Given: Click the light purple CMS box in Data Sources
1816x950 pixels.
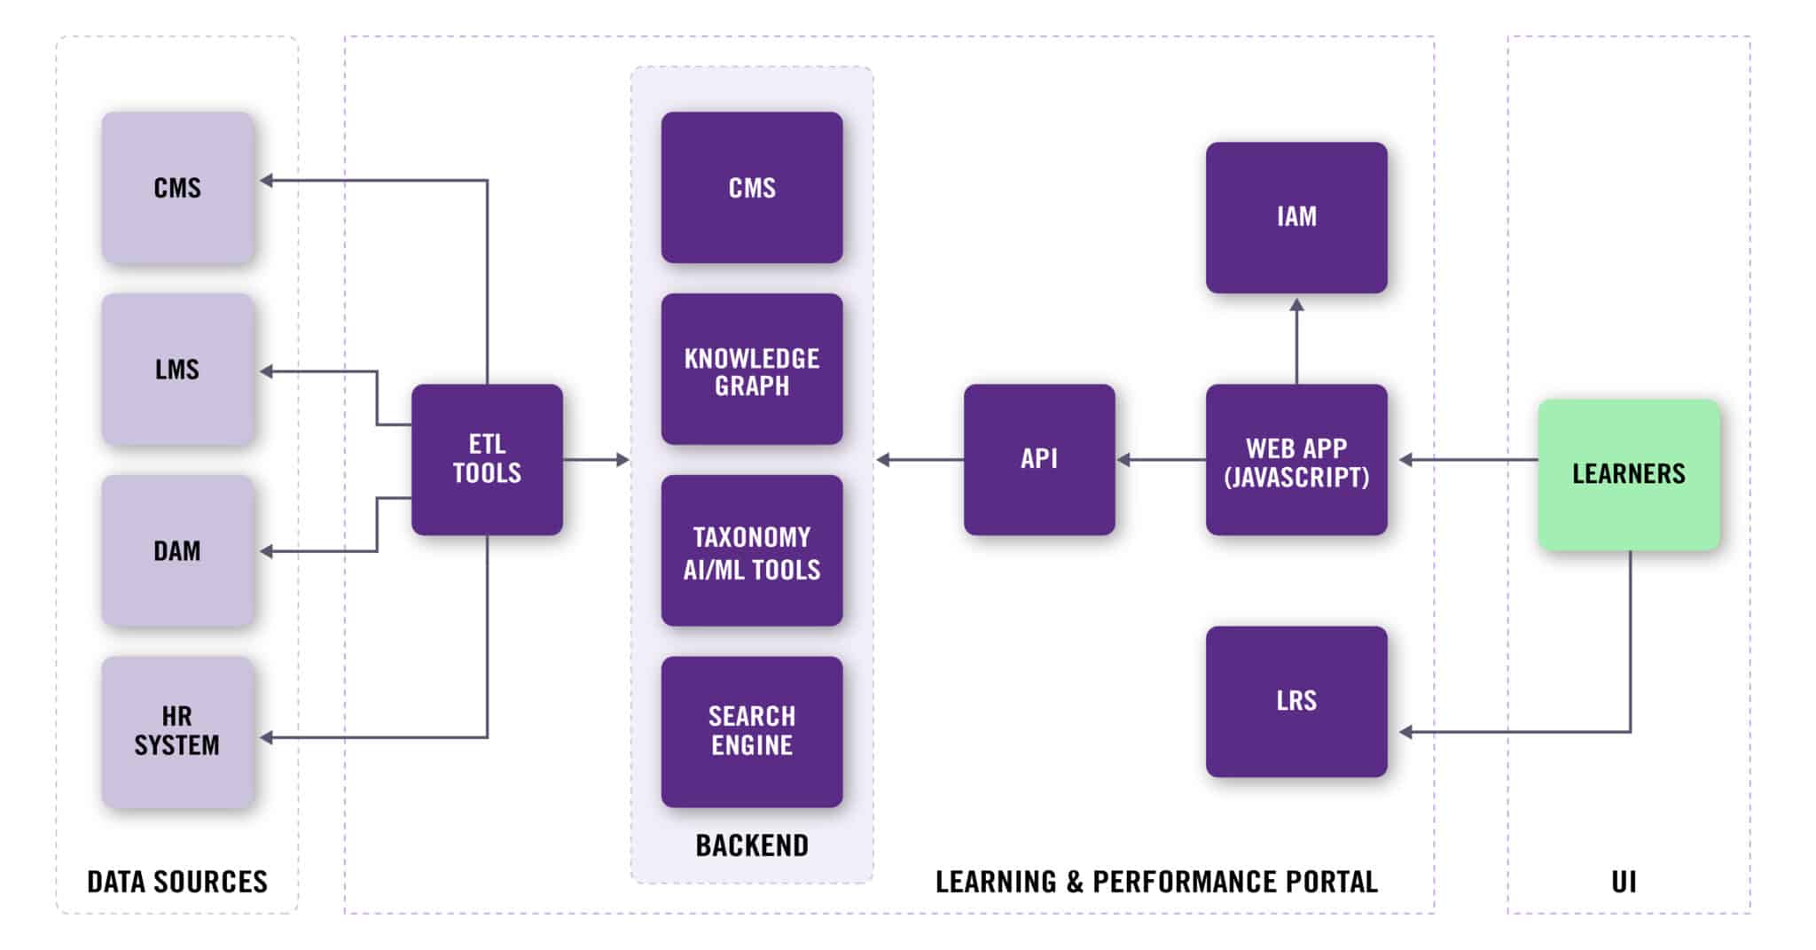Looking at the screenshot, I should click(x=177, y=187).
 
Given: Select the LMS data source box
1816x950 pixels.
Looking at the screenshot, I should click(x=177, y=369).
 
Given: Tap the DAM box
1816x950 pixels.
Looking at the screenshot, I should click(x=177, y=550).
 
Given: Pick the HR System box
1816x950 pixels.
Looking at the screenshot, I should click(x=177, y=731).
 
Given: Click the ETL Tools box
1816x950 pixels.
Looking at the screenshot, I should click(x=487, y=459).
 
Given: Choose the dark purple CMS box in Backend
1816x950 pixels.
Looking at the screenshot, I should click(x=752, y=187).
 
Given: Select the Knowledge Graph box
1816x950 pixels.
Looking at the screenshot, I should click(x=752, y=369).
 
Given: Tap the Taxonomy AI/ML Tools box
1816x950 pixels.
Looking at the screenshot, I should click(x=752, y=550).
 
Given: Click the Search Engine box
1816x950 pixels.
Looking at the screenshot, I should click(x=752, y=731).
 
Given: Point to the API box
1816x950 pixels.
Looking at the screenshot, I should click(x=1039, y=459).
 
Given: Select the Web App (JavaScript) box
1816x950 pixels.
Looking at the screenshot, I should click(x=1296, y=459).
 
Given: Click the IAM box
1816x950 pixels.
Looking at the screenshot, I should click(x=1296, y=217).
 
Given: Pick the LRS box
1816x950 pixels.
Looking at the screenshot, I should click(x=1296, y=701).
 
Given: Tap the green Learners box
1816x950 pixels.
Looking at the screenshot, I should click(x=1629, y=474).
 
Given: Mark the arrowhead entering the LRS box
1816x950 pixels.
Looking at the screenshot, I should click(x=1406, y=732).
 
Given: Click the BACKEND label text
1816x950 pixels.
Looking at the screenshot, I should click(x=752, y=845).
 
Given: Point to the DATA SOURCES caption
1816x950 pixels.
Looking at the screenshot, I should click(x=177, y=882).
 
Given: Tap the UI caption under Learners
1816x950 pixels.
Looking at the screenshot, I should click(x=1624, y=882).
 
